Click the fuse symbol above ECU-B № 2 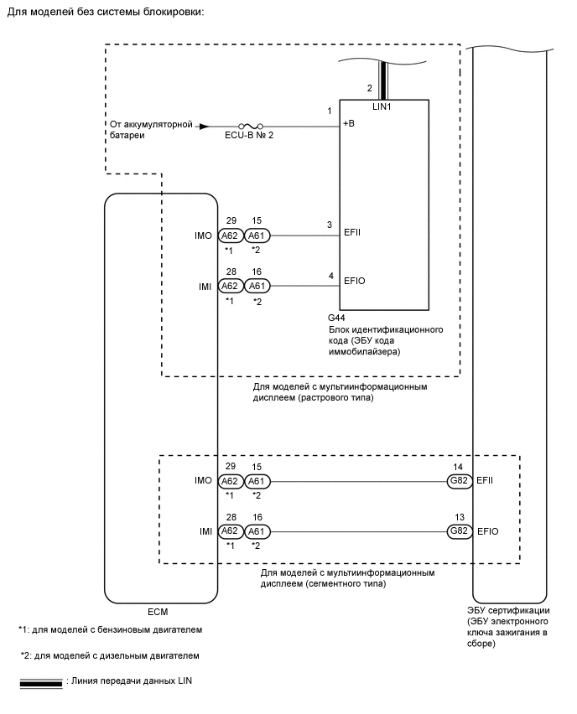247,127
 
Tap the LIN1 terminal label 382,106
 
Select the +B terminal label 350,126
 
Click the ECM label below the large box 159,610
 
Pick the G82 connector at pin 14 460,482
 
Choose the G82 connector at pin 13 460,531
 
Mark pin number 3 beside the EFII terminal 330,225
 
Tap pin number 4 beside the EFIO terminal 330,274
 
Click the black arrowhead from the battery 203,127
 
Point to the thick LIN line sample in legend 40,683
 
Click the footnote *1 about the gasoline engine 110,629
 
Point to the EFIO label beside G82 489,531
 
